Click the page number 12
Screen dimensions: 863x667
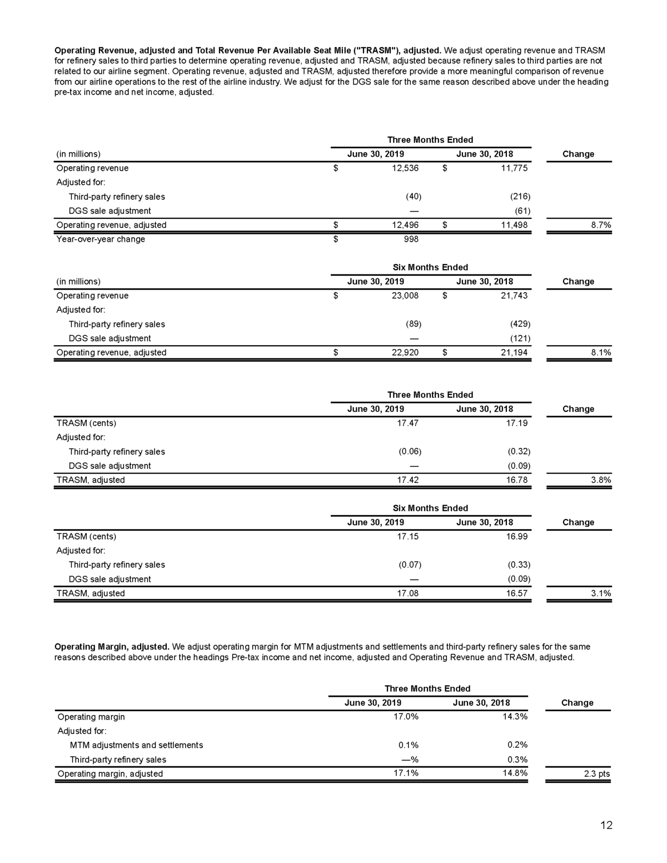606,825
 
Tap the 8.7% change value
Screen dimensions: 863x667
600,225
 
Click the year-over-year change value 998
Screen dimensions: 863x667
410,239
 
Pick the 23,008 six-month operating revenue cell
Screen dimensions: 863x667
405,296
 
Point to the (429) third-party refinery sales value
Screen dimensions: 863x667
519,324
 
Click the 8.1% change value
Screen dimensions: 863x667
600,352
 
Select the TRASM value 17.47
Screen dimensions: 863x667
407,423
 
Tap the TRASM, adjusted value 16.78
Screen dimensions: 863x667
517,480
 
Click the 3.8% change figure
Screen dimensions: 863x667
600,480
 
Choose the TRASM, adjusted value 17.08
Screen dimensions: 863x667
407,593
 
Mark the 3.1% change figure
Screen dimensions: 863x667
600,593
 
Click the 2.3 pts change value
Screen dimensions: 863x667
597,774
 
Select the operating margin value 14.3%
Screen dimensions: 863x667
515,717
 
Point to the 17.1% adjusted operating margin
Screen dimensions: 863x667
406,773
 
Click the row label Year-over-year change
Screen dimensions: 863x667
101,239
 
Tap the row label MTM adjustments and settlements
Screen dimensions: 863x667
136,745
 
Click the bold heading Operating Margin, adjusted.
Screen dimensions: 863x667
112,647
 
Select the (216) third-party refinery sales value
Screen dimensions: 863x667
519,197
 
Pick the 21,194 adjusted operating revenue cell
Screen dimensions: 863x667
514,352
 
